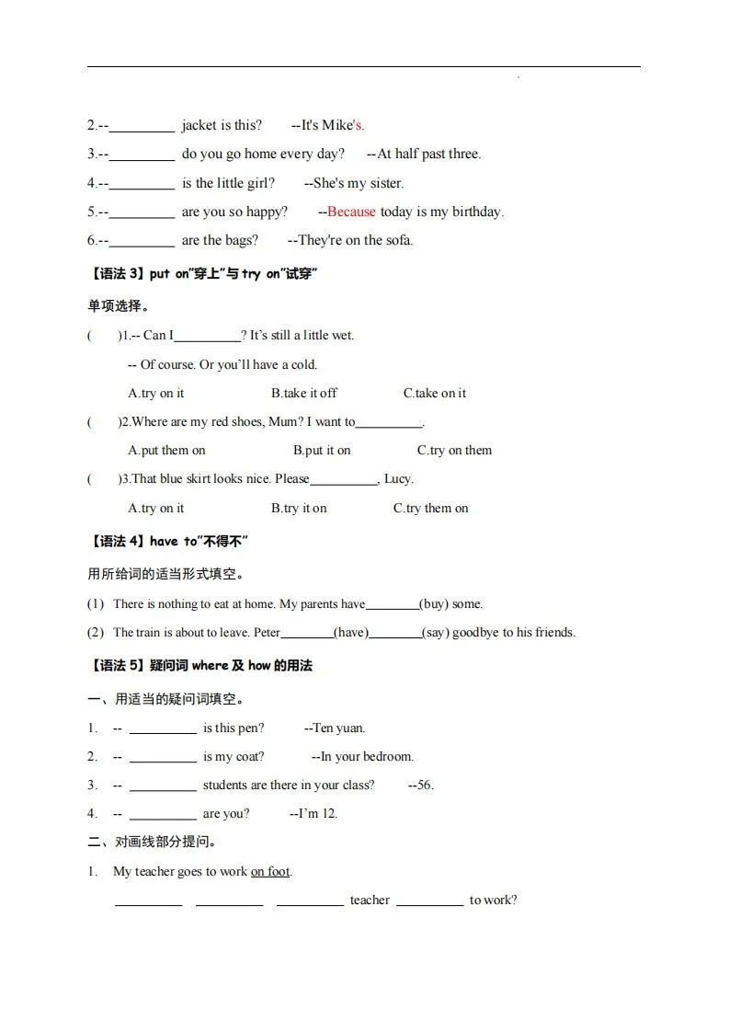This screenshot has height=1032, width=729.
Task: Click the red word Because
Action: click(x=351, y=212)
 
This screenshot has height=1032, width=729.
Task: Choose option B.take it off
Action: click(x=303, y=393)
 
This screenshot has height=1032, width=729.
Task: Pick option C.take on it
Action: click(x=434, y=393)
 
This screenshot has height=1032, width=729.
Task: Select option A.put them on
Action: click(x=166, y=450)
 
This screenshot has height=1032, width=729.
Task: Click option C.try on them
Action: click(x=454, y=450)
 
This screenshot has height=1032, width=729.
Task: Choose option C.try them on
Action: click(x=430, y=508)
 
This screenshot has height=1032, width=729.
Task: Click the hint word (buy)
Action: click(x=434, y=604)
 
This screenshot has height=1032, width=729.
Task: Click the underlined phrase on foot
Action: click(x=270, y=871)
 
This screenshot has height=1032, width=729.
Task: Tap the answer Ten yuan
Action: click(x=338, y=728)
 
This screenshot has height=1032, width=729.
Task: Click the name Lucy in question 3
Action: click(x=397, y=478)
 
